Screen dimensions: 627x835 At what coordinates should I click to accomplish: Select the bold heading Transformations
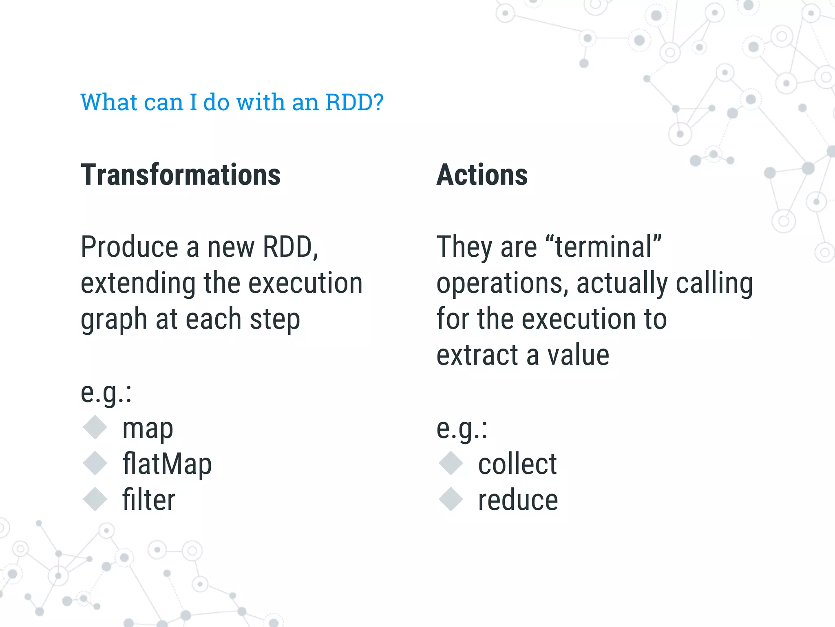pos(181,175)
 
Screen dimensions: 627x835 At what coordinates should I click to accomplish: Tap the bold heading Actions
pos(482,175)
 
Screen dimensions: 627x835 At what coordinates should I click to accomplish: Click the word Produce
pos(129,247)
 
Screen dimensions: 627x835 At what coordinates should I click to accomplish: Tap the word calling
pos(714,283)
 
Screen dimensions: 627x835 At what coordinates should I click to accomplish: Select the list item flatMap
pos(167,465)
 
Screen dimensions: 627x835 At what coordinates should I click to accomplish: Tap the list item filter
pos(149,500)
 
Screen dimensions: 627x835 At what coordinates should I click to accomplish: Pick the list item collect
pos(517,465)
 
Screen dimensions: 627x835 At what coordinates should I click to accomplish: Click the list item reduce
pos(518,500)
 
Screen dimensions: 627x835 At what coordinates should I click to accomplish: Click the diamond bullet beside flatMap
pos(95,463)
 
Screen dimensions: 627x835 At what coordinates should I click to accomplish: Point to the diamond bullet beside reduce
pos(451,499)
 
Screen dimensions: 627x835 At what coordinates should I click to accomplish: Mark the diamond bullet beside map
pos(95,427)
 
